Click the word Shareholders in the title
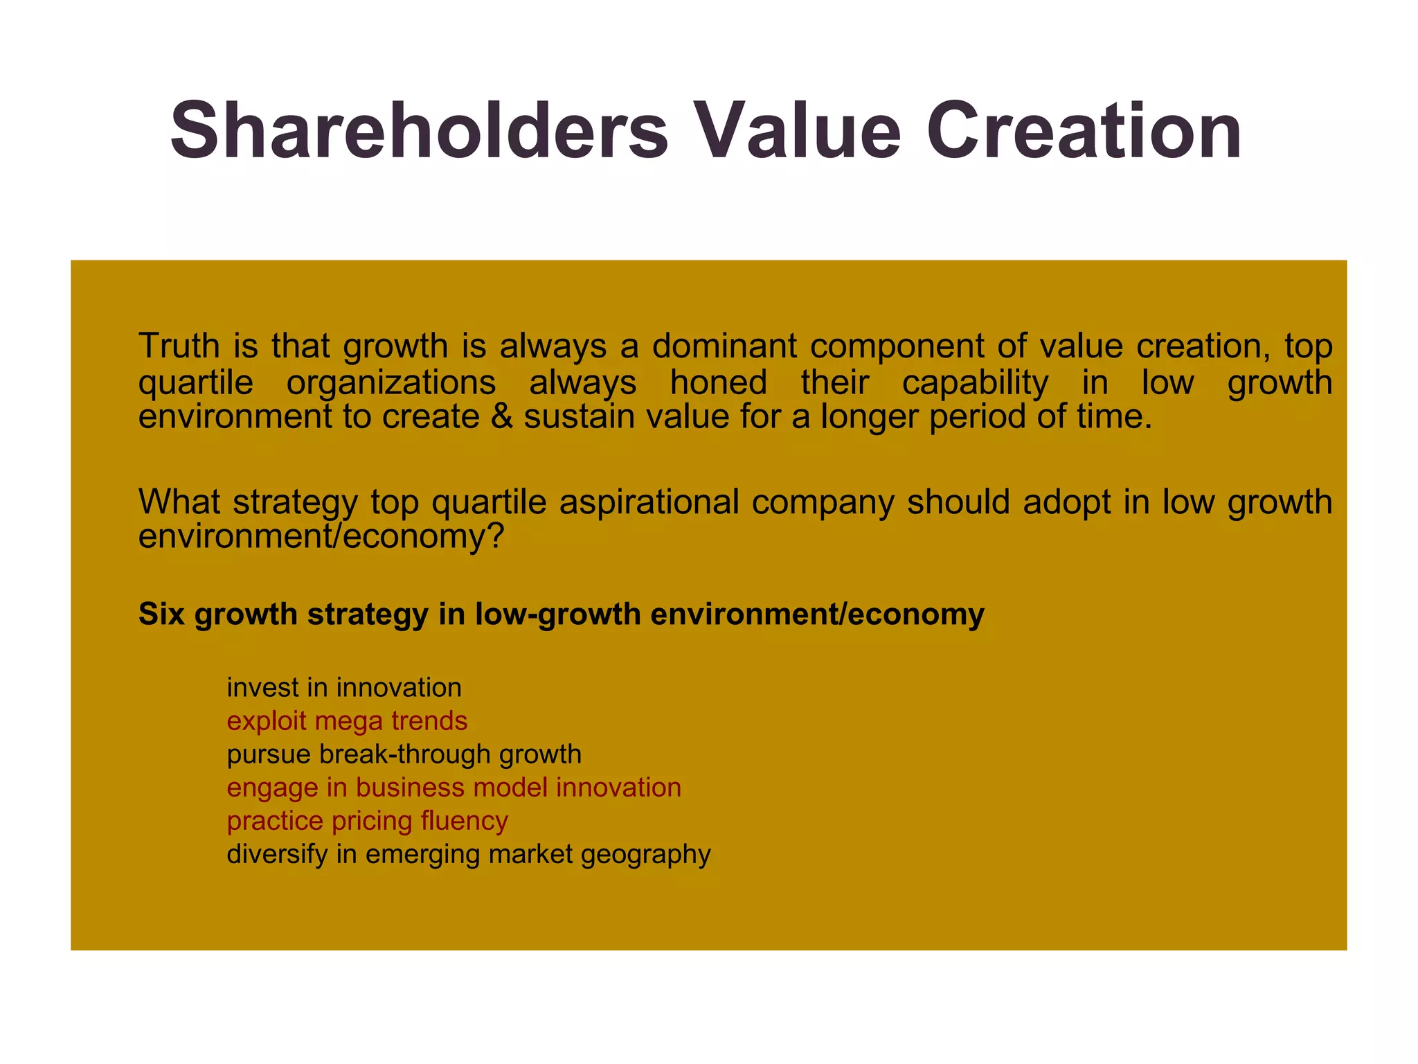pyautogui.click(x=419, y=131)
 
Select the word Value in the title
pyautogui.click(x=797, y=131)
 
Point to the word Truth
pyautogui.click(x=179, y=346)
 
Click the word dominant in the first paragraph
pyautogui.click(x=724, y=346)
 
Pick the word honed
pyautogui.click(x=718, y=382)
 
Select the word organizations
pyautogui.click(x=391, y=382)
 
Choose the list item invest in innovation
pyautogui.click(x=344, y=688)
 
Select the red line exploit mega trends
pyautogui.click(x=347, y=721)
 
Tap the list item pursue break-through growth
pyautogui.click(x=404, y=754)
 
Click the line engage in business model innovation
pyautogui.click(x=454, y=788)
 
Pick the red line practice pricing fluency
pyautogui.click(x=367, y=821)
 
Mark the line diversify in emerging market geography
pyautogui.click(x=469, y=854)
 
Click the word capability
pyautogui.click(x=975, y=382)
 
